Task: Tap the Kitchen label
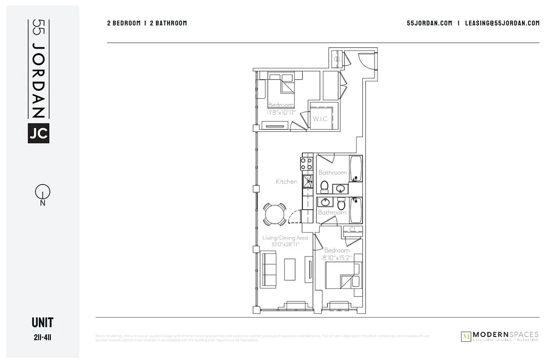click(286, 182)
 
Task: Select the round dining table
click(274, 214)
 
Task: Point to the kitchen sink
click(308, 182)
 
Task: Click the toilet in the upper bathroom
click(324, 185)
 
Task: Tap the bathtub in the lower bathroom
click(356, 211)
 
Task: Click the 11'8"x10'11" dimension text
click(281, 113)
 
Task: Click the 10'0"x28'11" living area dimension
click(286, 244)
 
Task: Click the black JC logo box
click(39, 133)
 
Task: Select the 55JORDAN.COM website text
click(429, 23)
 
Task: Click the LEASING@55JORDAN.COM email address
click(502, 23)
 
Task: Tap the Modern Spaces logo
click(500, 336)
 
